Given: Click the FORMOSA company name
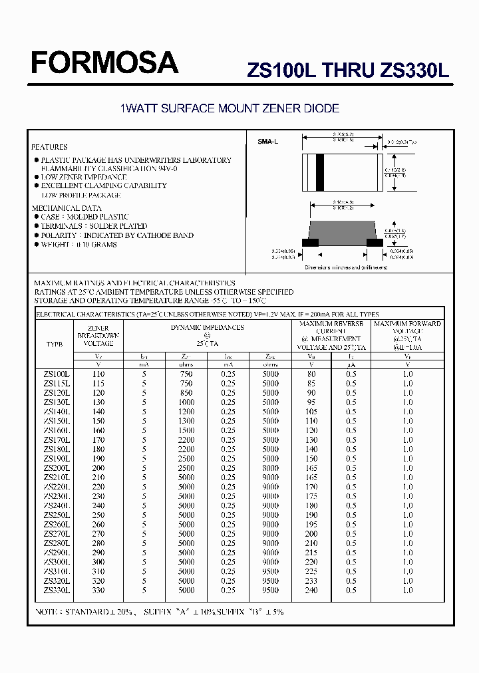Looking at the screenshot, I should [104, 63].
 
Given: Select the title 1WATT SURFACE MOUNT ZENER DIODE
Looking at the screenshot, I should [229, 108].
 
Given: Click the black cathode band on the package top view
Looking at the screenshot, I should [319, 172].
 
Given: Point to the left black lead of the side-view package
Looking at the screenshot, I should [310, 242].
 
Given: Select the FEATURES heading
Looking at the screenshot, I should [49, 147].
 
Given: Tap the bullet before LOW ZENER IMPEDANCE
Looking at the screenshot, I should [37, 178].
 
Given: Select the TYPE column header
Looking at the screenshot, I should [54, 344].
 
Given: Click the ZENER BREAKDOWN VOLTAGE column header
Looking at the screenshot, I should [98, 335].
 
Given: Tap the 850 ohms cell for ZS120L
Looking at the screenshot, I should [186, 393].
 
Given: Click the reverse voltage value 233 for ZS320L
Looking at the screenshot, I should [311, 581].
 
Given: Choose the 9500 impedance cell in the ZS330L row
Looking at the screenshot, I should [270, 590].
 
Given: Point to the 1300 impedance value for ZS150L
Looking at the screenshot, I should [186, 421].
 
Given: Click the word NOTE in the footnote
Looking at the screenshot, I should [47, 612].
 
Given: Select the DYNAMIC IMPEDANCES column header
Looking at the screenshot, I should [207, 327].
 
